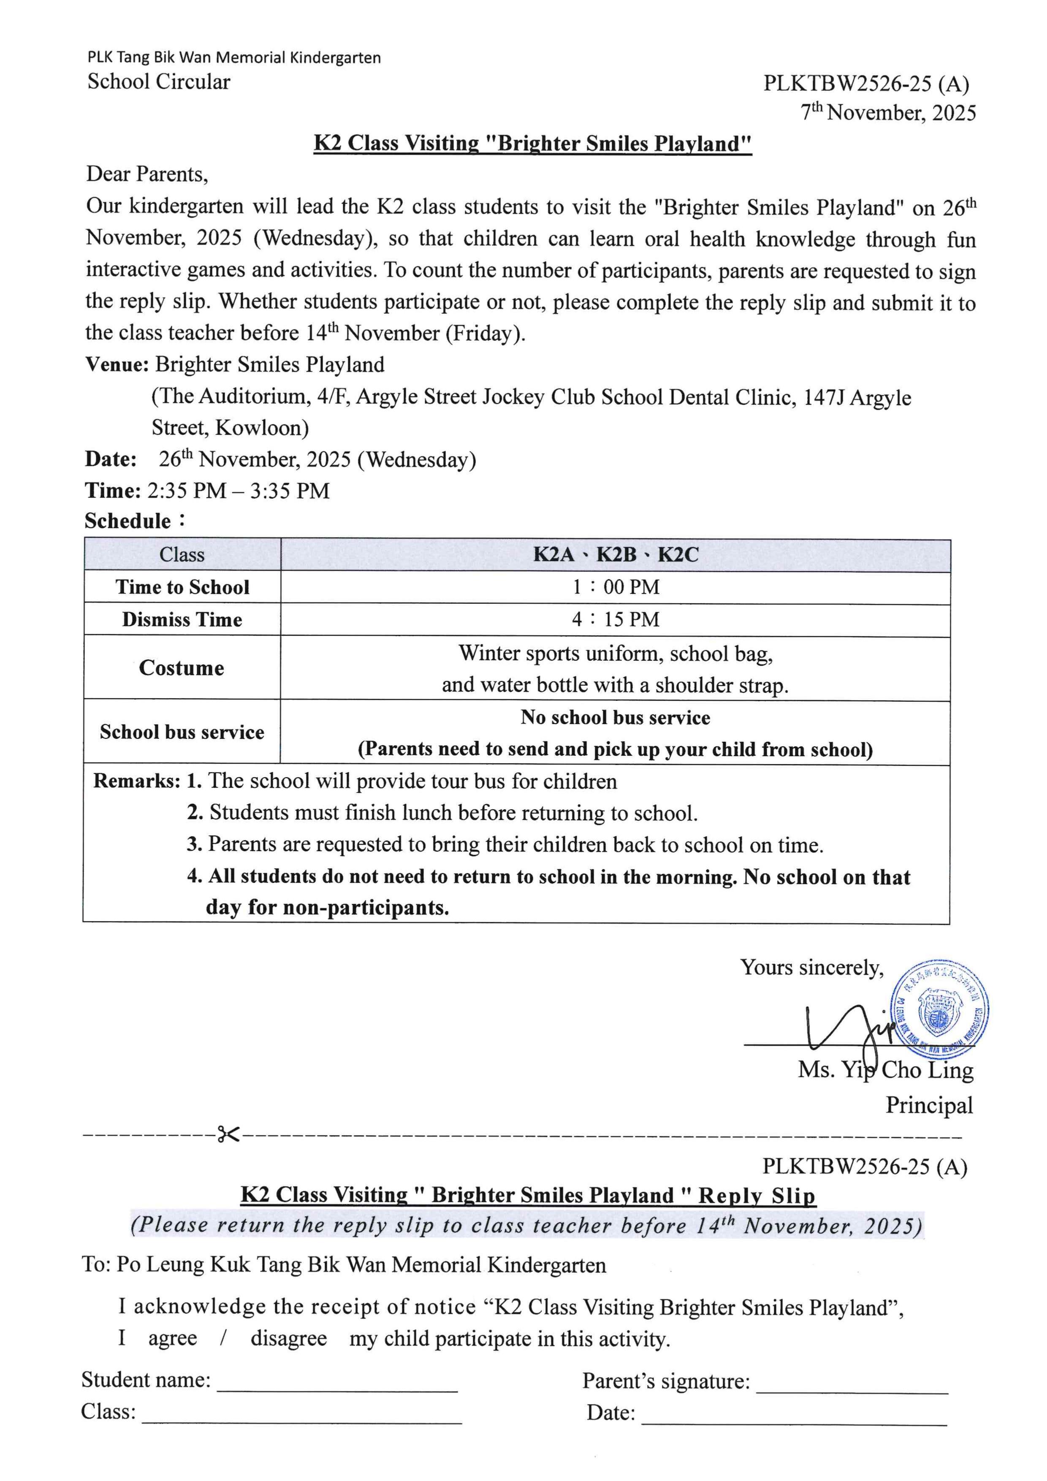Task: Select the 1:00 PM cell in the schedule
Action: coord(616,587)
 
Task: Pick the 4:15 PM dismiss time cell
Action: coord(616,619)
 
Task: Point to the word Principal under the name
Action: coord(928,1105)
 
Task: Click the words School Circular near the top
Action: coord(159,82)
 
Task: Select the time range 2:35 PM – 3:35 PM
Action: coord(238,491)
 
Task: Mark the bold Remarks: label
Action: coord(137,781)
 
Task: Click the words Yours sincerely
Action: coord(811,968)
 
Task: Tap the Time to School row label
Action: coord(182,587)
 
